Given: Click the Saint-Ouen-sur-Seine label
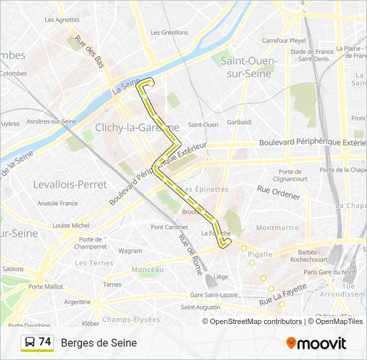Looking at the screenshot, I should tap(245, 67).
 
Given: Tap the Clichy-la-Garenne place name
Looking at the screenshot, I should tap(137, 127).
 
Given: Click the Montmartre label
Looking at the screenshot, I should tap(277, 227).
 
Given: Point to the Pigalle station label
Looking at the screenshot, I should tap(260, 254).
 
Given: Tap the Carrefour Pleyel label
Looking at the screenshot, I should tap(284, 41).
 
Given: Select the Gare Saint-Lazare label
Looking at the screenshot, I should tap(215, 295).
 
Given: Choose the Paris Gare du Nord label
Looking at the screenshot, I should tap(330, 272).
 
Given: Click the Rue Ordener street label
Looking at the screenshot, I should tap(279, 191).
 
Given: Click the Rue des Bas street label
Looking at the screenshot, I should tap(90, 51).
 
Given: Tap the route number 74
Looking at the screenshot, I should tap(45, 342).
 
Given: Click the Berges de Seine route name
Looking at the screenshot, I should tap(99, 343).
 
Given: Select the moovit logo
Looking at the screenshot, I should tap(316, 343).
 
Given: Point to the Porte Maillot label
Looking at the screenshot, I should tap(45, 287).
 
